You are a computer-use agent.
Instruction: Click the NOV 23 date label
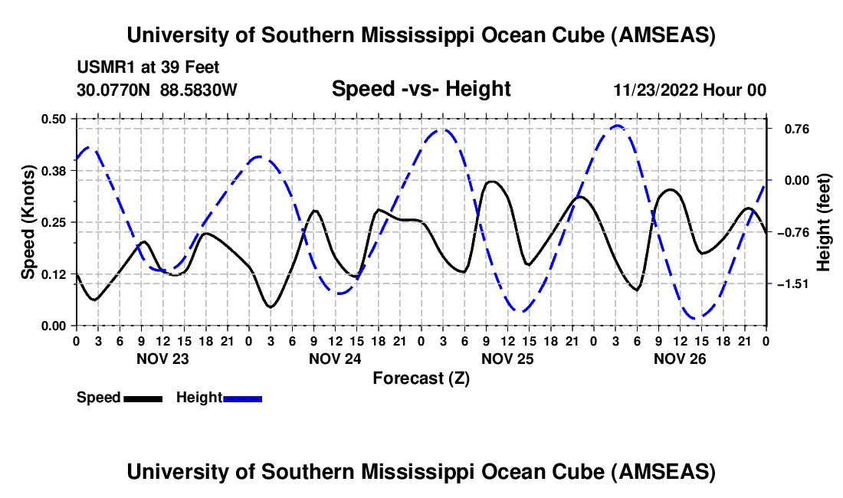162,359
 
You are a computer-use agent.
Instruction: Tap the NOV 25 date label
508,359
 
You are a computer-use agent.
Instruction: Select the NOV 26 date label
680,359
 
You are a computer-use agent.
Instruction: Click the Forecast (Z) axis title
421,378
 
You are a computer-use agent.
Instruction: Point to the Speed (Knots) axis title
28,222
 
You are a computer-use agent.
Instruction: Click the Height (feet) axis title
824,222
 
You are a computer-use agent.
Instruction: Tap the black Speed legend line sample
143,398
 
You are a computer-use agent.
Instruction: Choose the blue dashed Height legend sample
243,398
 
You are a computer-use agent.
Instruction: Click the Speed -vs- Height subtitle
421,89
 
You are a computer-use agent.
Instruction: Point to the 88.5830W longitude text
199,90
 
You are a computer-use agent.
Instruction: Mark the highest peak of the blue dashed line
617,126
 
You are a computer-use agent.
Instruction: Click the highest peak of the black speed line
492,182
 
